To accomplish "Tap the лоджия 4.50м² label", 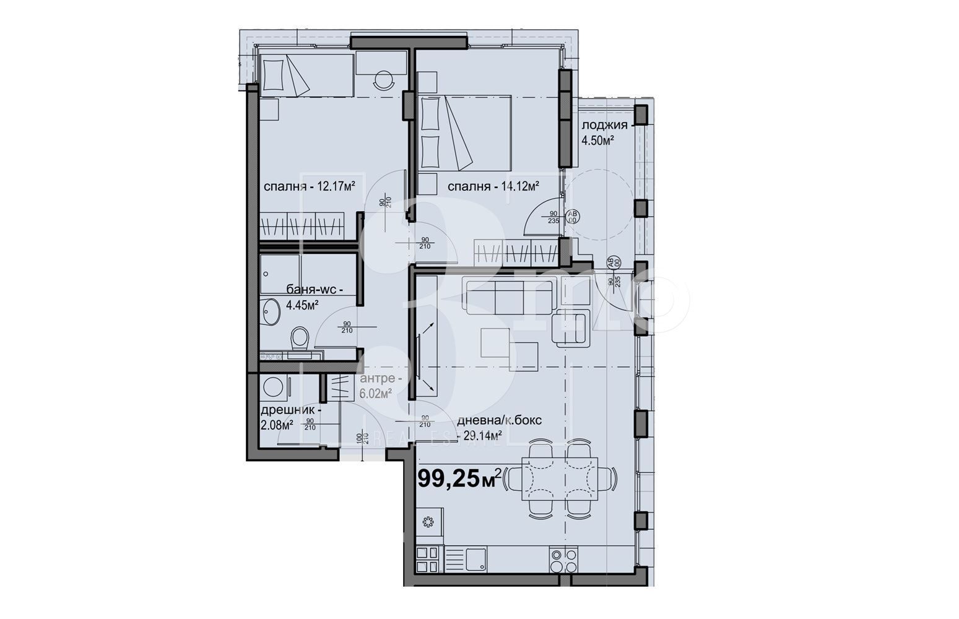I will pyautogui.click(x=604, y=133).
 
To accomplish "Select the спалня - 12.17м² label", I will pyautogui.click(x=309, y=186).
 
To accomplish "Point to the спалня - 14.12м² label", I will pyautogui.click(x=493, y=186).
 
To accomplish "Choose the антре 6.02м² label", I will pyautogui.click(x=380, y=386).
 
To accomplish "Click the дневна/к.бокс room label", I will pyautogui.click(x=499, y=427).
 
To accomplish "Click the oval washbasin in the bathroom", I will pyautogui.click(x=270, y=311).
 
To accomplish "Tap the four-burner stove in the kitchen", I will pyautogui.click(x=563, y=561).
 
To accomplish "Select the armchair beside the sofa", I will pyautogui.click(x=573, y=326).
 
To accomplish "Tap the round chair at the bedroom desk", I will pyautogui.click(x=384, y=79).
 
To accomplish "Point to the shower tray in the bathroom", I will pyautogui.click(x=280, y=273).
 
